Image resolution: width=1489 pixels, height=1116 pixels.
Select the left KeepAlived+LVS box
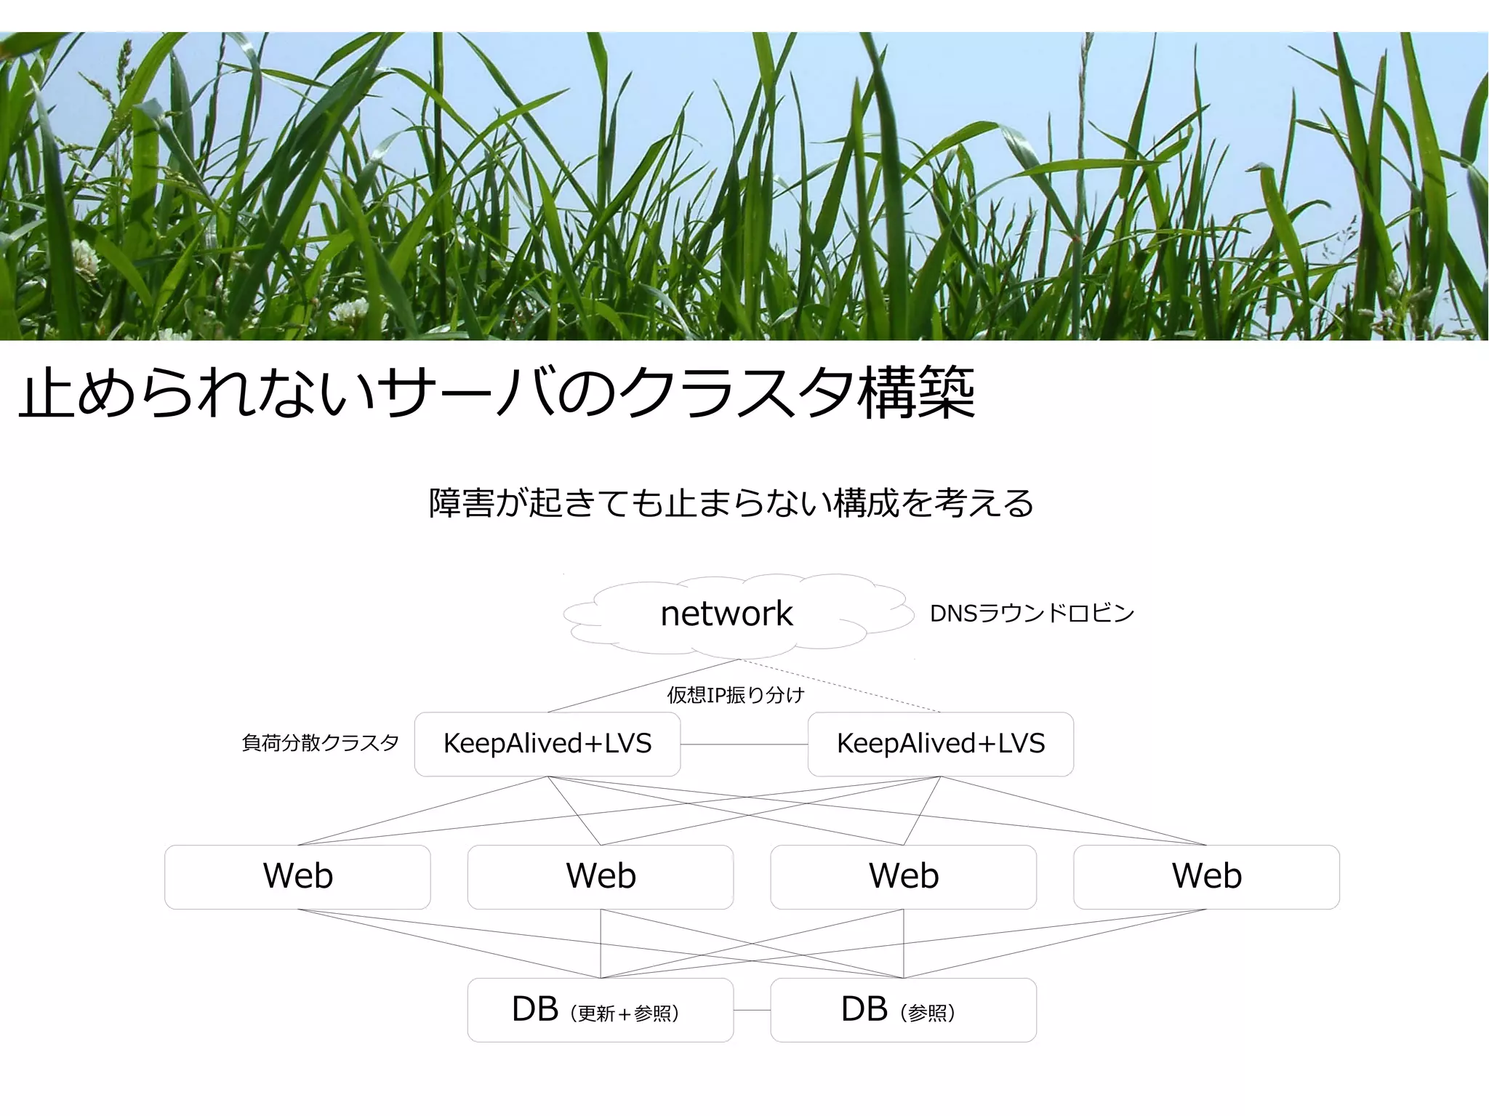point(547,744)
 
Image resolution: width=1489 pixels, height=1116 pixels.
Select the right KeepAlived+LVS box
point(940,744)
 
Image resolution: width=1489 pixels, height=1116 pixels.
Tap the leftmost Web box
point(297,876)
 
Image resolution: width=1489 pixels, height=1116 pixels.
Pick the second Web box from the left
point(601,876)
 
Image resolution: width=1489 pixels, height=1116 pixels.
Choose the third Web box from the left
point(903,876)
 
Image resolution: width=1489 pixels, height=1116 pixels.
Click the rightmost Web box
point(1206,876)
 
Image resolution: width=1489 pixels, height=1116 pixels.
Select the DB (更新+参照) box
point(600,1010)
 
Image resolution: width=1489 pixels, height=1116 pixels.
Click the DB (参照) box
point(903,1010)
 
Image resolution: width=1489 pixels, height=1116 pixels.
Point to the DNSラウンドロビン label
point(1032,614)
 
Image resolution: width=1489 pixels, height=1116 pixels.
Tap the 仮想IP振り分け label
point(735,695)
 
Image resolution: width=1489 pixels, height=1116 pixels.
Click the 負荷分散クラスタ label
point(320,743)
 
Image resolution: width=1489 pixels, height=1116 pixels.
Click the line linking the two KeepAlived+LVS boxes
point(744,744)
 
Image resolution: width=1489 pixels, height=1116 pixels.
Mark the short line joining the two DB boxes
point(752,1010)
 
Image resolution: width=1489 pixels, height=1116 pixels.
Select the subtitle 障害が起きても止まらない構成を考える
point(731,503)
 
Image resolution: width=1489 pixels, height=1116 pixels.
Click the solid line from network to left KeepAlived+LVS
point(643,686)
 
